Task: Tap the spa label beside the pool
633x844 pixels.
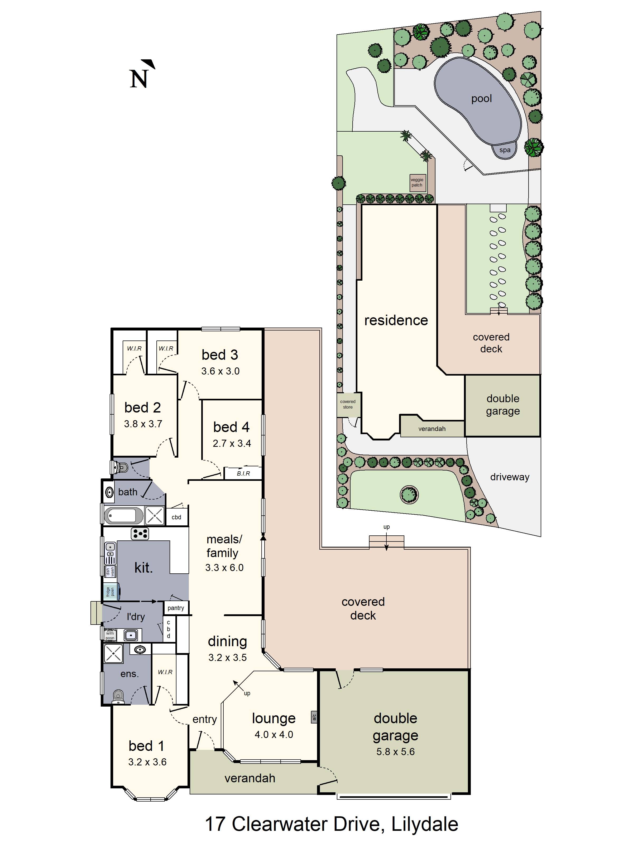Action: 505,150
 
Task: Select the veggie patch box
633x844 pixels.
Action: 417,183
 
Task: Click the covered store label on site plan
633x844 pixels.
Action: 348,404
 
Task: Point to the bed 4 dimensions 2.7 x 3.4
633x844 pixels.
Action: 232,443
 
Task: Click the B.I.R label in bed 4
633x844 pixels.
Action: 243,473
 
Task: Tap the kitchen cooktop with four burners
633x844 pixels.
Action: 140,533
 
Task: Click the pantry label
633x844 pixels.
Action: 175,608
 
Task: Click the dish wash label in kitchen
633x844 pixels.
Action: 110,571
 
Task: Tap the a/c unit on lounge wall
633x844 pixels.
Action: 314,718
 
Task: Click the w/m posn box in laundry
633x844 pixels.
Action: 110,635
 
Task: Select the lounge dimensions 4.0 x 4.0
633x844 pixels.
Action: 274,735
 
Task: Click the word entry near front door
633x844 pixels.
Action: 204,719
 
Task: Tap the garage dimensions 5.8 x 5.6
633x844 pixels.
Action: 395,752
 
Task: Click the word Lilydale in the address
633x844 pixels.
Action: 424,824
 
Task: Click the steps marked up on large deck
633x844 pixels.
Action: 386,541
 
